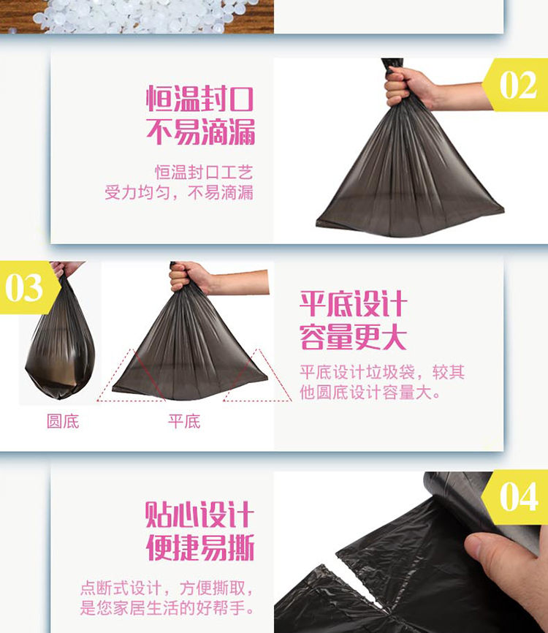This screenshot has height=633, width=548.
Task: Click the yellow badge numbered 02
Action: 516,85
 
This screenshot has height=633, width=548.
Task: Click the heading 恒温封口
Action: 200,98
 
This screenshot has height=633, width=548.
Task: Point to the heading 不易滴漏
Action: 200,132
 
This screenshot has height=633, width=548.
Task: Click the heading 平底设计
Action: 353,303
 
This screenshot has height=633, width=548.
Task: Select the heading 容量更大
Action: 353,338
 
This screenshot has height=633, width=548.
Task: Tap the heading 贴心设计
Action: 199,515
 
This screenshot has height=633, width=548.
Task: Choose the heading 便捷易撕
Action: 200,547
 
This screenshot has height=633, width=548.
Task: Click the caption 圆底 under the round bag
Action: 63,422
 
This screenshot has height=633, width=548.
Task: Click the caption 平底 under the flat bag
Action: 184,422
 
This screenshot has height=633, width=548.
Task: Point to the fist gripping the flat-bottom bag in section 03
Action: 189,276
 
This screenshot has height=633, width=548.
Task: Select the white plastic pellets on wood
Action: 137,16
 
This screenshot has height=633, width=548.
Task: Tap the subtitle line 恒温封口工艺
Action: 204,173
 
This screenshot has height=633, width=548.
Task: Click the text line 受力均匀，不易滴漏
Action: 179,192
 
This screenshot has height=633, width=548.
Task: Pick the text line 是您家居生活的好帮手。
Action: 167,608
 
